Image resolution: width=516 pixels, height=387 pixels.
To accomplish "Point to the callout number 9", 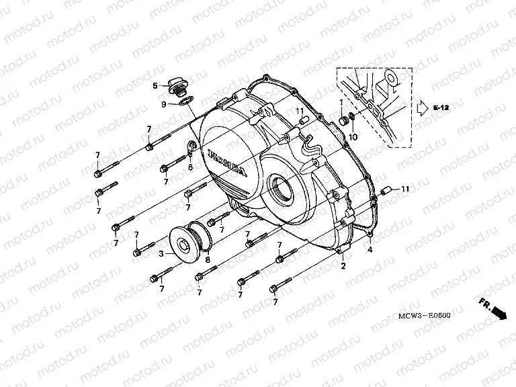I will click(163, 103).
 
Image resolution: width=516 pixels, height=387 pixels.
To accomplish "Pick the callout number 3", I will click(161, 254).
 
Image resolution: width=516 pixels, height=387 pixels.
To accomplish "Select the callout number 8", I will click(208, 259).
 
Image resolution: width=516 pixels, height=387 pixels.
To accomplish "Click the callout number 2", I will click(343, 267).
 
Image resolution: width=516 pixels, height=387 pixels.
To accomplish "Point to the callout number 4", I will click(369, 250).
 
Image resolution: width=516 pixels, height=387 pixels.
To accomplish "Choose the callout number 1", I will click(341, 102).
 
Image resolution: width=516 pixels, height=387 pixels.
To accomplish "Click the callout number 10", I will click(353, 138).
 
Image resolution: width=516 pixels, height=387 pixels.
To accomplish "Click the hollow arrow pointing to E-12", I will click(421, 107).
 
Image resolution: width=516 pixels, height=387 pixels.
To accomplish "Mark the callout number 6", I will click(190, 167).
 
